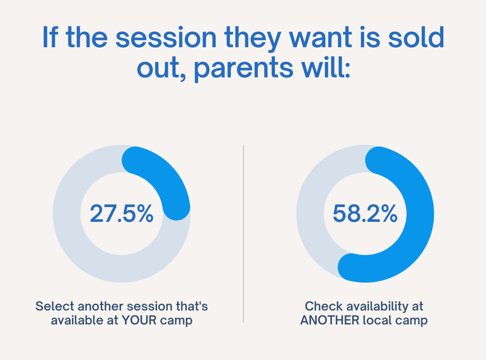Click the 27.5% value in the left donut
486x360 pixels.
[x=121, y=214]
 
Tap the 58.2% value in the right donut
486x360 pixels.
[x=365, y=214]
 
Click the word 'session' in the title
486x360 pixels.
[x=166, y=38]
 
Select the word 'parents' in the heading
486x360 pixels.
[x=243, y=69]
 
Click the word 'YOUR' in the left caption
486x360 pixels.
[x=139, y=320]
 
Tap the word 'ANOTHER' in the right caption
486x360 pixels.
[x=330, y=320]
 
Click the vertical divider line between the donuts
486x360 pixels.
[x=243, y=234]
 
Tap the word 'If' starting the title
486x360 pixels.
[x=50, y=37]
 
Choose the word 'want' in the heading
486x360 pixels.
[x=320, y=38]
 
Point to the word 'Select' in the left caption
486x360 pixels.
[x=54, y=306]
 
